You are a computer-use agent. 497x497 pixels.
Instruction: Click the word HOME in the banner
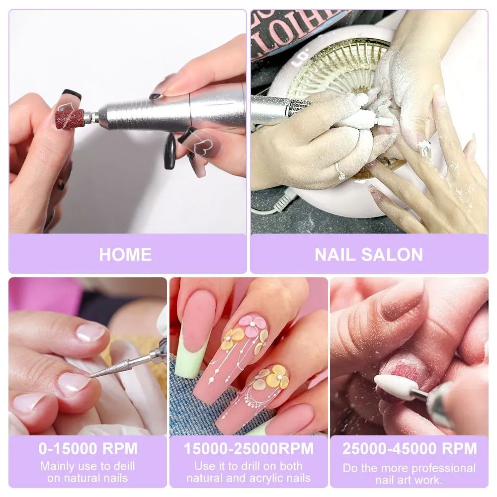(125, 254)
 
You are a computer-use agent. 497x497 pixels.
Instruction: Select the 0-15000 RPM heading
(88, 448)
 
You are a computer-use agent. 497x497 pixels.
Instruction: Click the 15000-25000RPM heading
(248, 448)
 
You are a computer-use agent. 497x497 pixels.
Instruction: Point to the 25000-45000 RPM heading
(409, 448)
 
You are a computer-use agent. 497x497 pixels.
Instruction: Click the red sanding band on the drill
(69, 118)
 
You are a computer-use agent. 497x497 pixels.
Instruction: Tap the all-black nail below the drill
(170, 151)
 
